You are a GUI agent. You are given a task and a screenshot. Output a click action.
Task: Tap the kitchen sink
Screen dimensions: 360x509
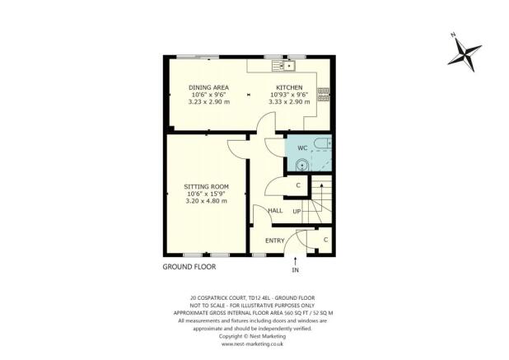click(x=284, y=65)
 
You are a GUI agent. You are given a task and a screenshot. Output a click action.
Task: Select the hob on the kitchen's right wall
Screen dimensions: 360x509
click(x=325, y=94)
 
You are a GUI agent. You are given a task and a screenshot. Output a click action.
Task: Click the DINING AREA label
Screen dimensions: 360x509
click(x=208, y=87)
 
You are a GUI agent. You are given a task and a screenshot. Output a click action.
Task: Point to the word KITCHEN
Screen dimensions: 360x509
click(x=289, y=87)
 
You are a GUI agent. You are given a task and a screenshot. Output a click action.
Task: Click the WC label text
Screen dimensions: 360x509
click(x=302, y=147)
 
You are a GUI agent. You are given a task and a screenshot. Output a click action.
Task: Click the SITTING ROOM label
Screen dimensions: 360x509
click(x=205, y=187)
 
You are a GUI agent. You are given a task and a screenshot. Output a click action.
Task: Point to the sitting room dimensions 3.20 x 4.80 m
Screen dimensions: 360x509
click(x=205, y=201)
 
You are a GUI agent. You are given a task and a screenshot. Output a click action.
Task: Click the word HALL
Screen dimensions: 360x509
click(x=276, y=211)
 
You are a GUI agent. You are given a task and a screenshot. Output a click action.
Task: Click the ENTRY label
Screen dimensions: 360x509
click(x=274, y=241)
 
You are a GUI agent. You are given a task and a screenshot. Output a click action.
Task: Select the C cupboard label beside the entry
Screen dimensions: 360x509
click(x=325, y=240)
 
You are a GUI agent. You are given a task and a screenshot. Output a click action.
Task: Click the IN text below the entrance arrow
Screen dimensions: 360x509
click(x=296, y=270)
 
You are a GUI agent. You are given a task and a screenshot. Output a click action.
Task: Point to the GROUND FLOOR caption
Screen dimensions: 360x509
click(x=189, y=268)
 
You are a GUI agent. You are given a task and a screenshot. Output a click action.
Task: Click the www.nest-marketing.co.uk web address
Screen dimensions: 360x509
click(x=254, y=344)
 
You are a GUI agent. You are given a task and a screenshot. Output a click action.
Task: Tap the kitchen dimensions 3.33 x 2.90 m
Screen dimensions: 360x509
click(x=290, y=101)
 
